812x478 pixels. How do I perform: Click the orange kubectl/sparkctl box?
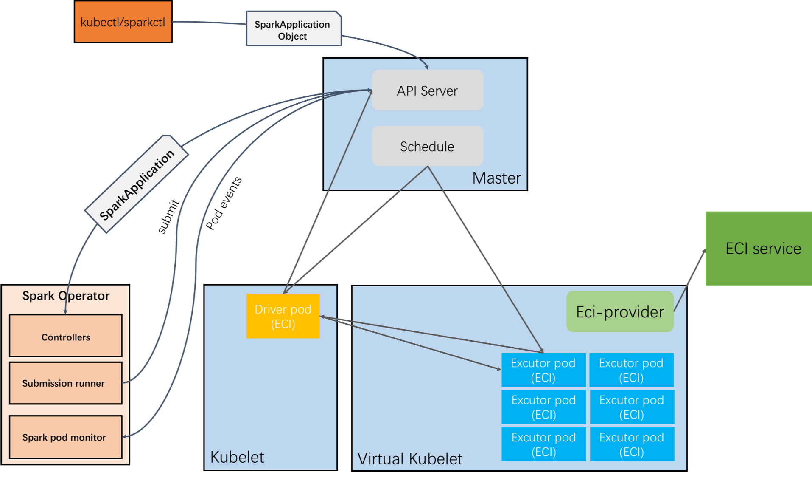point(123,22)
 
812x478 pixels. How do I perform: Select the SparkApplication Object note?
point(293,29)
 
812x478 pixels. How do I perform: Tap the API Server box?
point(427,91)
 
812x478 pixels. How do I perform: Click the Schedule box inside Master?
point(427,146)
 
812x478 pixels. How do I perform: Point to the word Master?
point(496,178)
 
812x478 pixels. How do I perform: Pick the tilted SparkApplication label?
point(137,184)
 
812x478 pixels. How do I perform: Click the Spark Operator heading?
point(66,296)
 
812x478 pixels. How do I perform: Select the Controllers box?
point(66,336)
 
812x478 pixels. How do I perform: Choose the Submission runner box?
point(66,383)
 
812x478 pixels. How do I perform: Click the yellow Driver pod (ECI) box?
point(283,316)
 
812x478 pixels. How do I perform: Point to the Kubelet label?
point(237,457)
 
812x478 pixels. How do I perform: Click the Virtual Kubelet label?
point(410,459)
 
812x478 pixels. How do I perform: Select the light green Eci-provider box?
point(620,312)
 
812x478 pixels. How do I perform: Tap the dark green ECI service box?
point(759,248)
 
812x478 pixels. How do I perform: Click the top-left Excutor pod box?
point(543,370)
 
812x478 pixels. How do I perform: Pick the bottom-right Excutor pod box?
point(632,444)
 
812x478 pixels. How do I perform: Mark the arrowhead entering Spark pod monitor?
point(125,436)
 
